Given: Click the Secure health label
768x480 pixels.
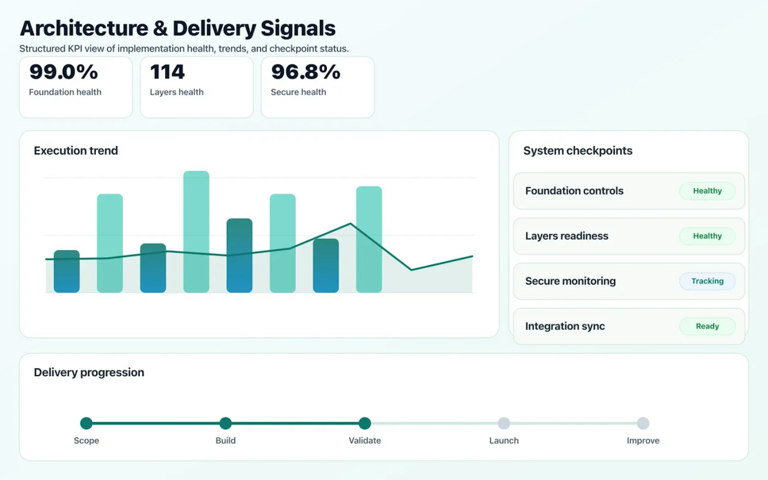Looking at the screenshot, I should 298,92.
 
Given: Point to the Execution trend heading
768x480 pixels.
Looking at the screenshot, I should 76,150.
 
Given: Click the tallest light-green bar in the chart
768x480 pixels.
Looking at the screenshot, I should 196,232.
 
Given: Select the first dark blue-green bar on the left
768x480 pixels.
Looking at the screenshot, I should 67,271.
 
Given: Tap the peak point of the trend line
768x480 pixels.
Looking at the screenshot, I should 350,224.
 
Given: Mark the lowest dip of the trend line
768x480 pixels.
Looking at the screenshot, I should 411,270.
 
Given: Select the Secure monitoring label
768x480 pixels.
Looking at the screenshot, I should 570,281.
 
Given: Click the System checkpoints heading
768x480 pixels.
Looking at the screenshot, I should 578,150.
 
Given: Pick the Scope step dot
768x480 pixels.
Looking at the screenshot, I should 86,423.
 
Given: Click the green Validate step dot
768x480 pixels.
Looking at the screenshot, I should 365,423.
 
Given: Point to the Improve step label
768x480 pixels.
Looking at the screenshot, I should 643,441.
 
